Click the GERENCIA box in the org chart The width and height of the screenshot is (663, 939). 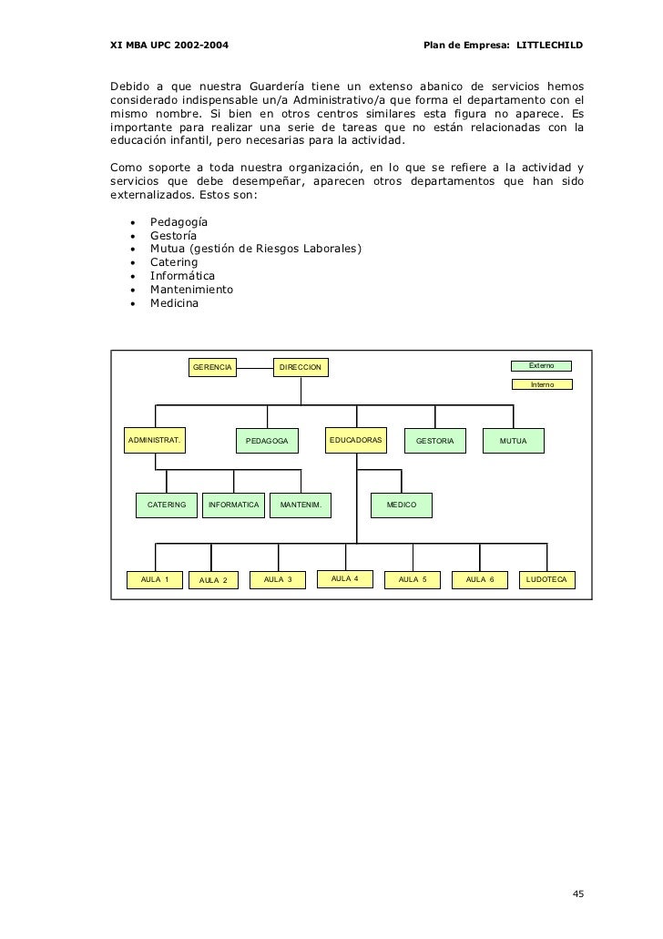click(x=211, y=367)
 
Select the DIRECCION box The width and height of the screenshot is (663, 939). click(x=301, y=367)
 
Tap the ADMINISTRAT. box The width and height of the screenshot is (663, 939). click(x=155, y=441)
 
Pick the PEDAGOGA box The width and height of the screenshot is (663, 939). click(x=267, y=442)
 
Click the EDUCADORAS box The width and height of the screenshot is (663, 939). click(x=356, y=441)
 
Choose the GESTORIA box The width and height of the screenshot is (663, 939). click(x=434, y=442)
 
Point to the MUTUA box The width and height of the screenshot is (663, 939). click(x=513, y=442)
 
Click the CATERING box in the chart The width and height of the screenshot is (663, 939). click(x=167, y=505)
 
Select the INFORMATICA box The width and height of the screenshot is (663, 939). click(x=233, y=505)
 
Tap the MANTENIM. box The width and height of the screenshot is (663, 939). click(x=300, y=505)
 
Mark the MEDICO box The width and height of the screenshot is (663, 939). click(x=401, y=505)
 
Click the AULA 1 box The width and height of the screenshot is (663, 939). click(x=155, y=579)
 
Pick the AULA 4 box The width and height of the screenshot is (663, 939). click(x=344, y=579)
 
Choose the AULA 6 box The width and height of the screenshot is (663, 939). click(x=479, y=579)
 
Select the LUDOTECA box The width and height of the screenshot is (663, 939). click(x=546, y=579)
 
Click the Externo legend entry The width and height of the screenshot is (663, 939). click(x=541, y=365)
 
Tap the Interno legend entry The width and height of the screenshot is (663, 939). click(x=541, y=384)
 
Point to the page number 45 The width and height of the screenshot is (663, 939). click(x=577, y=893)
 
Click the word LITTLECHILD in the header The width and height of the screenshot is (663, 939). click(x=550, y=46)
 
